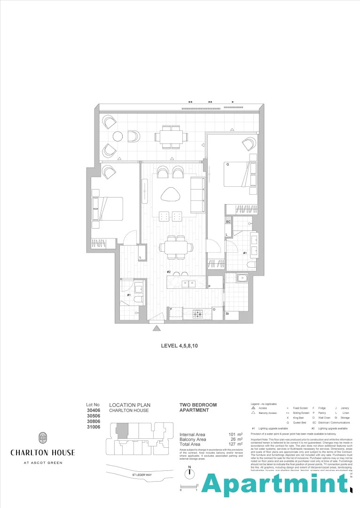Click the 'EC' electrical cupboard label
coord(228,221)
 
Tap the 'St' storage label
coord(227,313)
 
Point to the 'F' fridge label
coord(171,309)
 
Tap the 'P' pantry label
coord(209,286)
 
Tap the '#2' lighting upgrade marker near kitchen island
coord(169,272)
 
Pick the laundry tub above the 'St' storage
coord(242,278)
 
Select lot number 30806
coord(94,422)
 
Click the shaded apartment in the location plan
coord(122,430)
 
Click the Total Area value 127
coord(232,444)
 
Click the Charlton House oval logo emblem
coord(42,438)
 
